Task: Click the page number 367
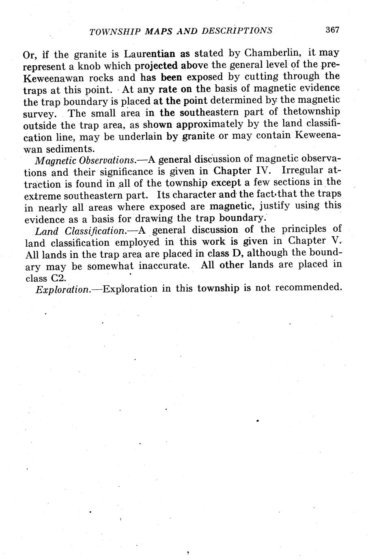point(331,30)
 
